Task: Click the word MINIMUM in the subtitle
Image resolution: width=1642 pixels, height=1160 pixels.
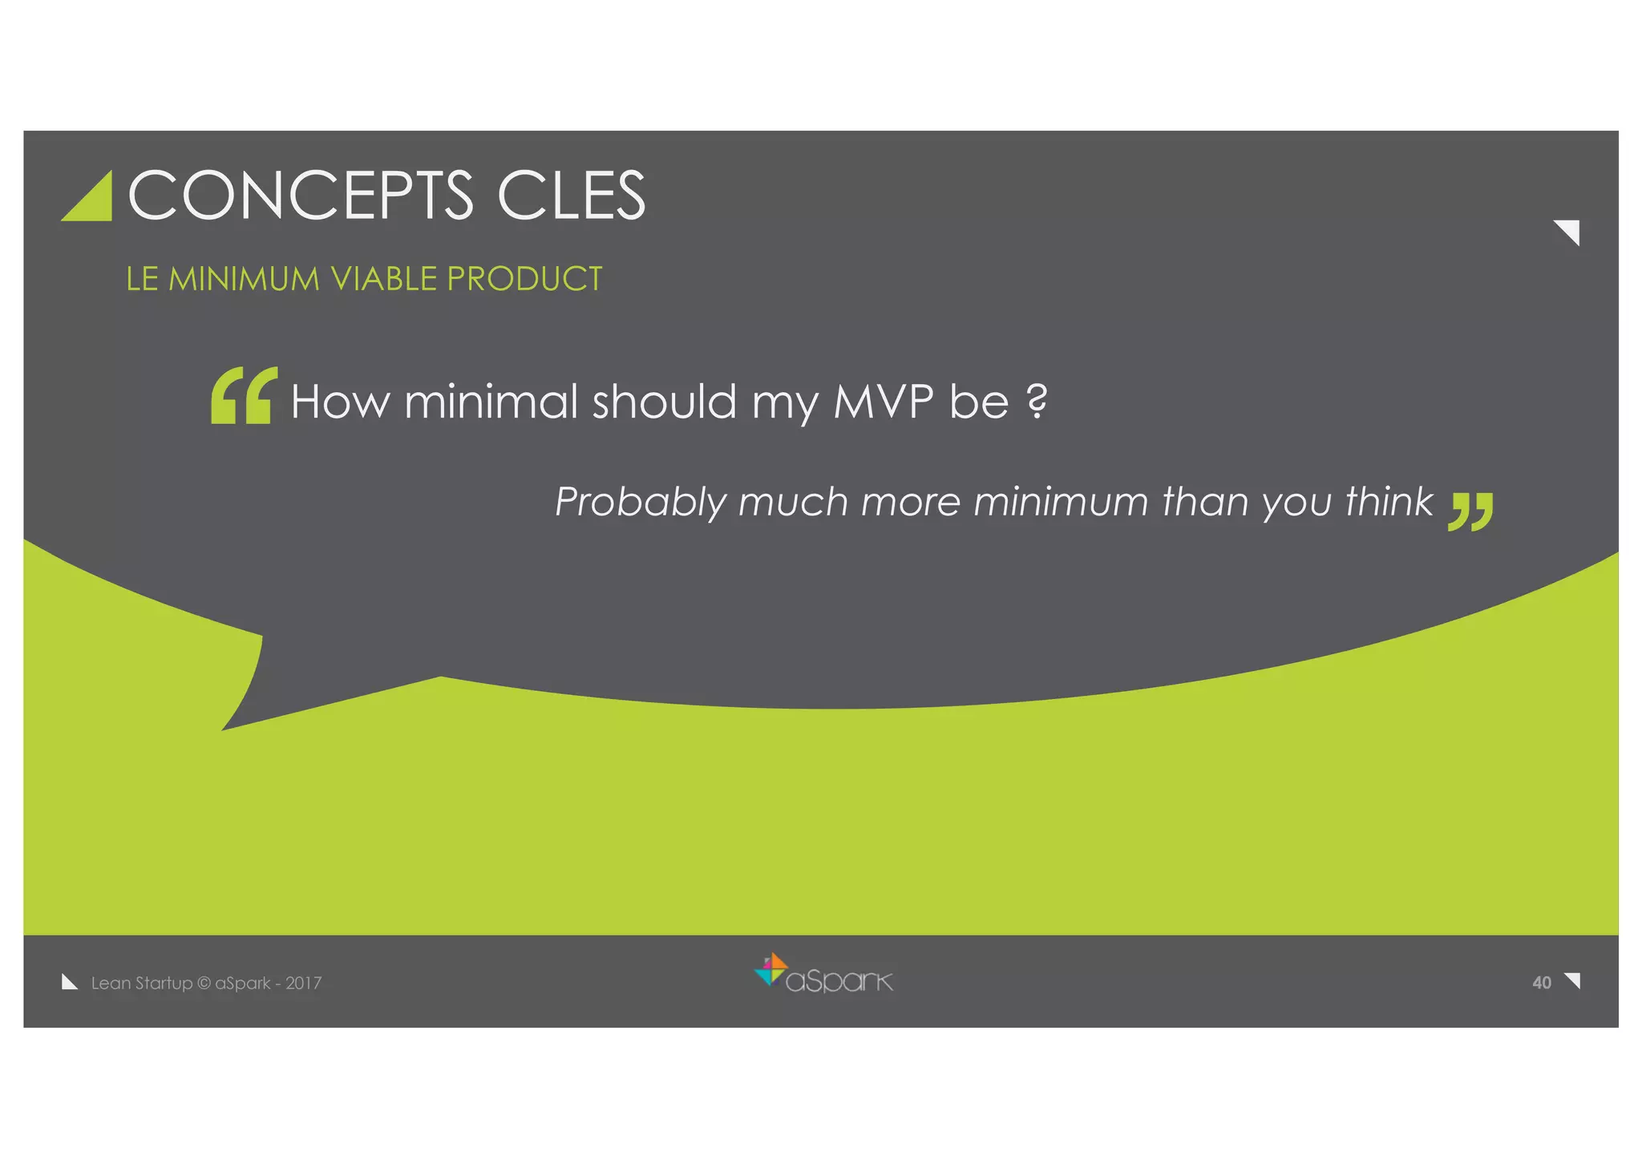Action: pos(244,279)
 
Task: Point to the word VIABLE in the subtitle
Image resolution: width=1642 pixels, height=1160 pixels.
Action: pos(384,279)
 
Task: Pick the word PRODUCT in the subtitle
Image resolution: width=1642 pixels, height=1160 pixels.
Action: pos(524,279)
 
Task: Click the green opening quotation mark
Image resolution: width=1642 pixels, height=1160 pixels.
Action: pos(244,395)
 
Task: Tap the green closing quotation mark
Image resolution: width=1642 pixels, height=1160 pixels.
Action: pos(1470,511)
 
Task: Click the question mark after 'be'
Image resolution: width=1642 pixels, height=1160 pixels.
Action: pos(1037,401)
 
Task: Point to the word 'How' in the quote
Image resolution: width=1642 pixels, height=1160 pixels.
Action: pos(339,401)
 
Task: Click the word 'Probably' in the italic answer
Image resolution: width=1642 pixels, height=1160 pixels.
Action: pos(640,503)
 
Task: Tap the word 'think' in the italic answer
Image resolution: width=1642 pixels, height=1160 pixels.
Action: pos(1389,502)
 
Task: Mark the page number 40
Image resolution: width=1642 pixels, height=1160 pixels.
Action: pos(1541,983)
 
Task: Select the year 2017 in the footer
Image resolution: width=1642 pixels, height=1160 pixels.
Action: pos(304,984)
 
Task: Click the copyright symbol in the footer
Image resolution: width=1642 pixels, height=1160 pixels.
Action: pos(204,984)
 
